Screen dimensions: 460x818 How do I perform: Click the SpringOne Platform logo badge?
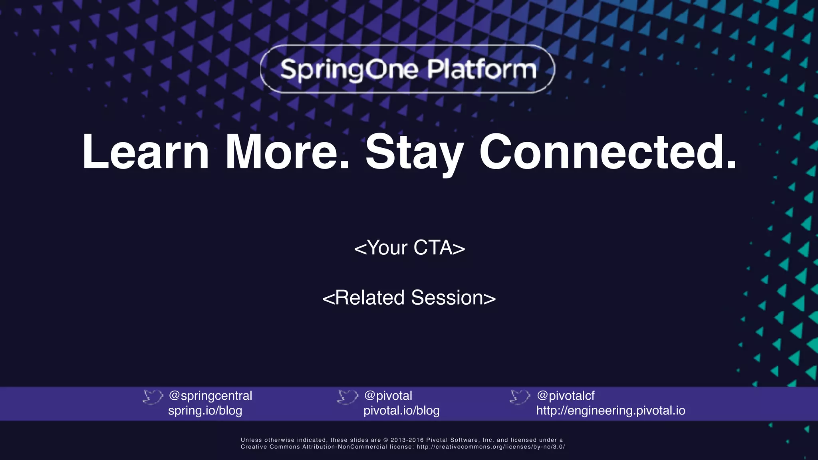click(407, 69)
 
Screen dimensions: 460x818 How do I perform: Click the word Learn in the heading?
click(145, 152)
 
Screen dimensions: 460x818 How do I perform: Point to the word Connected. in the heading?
click(608, 152)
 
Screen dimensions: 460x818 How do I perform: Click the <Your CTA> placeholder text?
click(409, 248)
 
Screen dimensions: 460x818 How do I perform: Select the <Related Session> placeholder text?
click(409, 298)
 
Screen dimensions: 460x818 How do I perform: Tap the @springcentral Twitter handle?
click(210, 396)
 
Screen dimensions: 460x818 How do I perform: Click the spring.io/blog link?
click(205, 410)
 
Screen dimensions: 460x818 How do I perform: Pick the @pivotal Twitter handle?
click(388, 396)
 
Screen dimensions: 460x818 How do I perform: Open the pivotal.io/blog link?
click(401, 410)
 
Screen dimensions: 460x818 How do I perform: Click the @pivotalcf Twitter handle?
click(566, 396)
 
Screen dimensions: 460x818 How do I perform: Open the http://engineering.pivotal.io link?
click(611, 410)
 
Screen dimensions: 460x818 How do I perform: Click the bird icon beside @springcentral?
click(153, 397)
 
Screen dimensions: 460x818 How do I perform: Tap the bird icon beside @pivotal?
click(347, 397)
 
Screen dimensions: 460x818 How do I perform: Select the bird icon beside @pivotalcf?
click(520, 397)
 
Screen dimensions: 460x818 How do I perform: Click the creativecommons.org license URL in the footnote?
click(490, 447)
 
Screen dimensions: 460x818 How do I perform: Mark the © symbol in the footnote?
click(386, 440)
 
